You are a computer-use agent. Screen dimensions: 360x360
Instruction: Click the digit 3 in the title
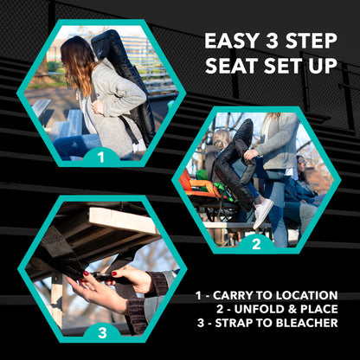[x=269, y=41]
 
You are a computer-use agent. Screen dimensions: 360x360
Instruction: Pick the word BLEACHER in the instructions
[x=306, y=323]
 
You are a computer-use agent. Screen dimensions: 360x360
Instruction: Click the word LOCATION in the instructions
[x=306, y=295]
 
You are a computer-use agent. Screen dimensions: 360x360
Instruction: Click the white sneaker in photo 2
[x=263, y=212]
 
